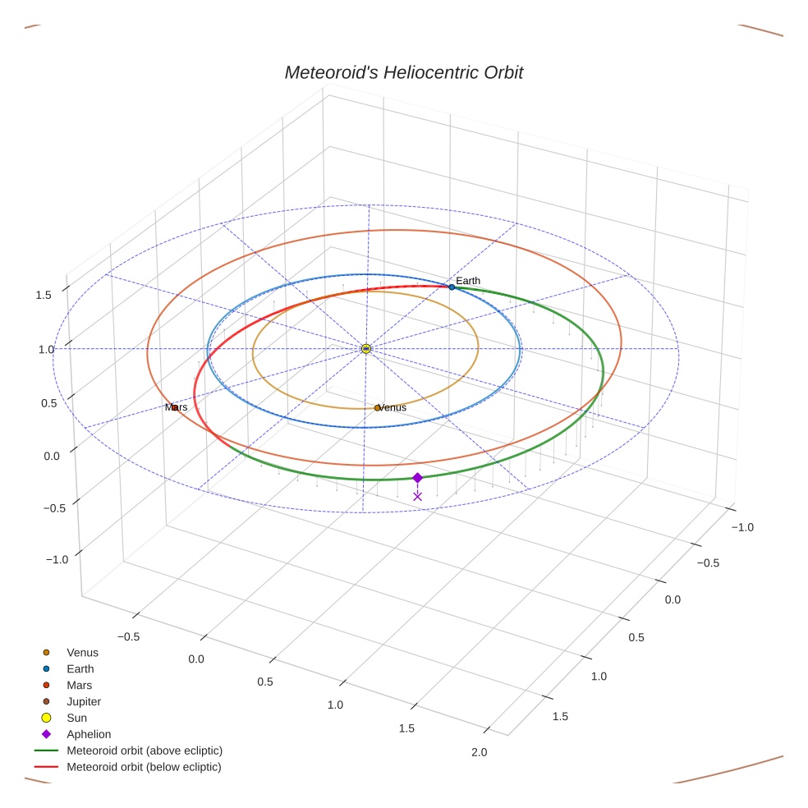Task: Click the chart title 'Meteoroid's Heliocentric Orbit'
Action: click(x=403, y=72)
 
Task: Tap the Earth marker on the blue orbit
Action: click(x=452, y=287)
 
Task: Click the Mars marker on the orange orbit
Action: click(x=174, y=407)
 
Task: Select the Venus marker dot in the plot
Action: click(x=377, y=408)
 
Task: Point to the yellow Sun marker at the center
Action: click(x=366, y=349)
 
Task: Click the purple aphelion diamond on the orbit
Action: click(x=417, y=478)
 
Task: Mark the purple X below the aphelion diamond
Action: click(x=417, y=496)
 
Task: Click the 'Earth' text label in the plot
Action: click(x=468, y=281)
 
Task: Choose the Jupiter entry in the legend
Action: click(x=84, y=701)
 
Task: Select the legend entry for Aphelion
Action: click(x=89, y=734)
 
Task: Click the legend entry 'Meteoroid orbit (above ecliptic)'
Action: click(x=145, y=751)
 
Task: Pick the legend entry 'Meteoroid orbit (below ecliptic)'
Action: click(x=145, y=767)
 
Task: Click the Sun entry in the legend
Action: click(x=76, y=718)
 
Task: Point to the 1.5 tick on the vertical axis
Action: click(x=44, y=295)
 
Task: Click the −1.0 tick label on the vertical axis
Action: click(x=56, y=559)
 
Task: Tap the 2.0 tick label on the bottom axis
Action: click(x=479, y=752)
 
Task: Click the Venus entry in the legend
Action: click(x=82, y=652)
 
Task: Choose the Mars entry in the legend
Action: click(x=79, y=685)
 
